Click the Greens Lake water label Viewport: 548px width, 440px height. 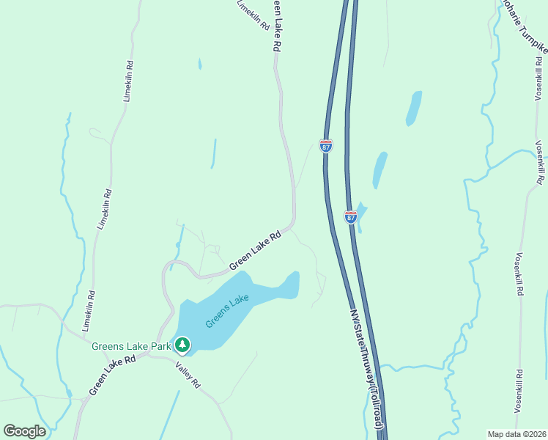[227, 312]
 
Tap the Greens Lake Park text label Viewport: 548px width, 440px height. [131, 345]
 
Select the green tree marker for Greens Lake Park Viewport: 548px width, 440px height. [182, 344]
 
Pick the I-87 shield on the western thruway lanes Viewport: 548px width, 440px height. [326, 145]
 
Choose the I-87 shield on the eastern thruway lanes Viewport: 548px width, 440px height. [351, 217]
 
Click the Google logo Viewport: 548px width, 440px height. [25, 431]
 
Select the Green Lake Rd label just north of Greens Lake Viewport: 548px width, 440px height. [255, 251]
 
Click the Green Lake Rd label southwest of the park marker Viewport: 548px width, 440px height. [113, 375]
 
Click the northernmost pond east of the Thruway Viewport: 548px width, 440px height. [414, 108]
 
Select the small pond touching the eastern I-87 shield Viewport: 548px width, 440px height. [360, 213]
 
